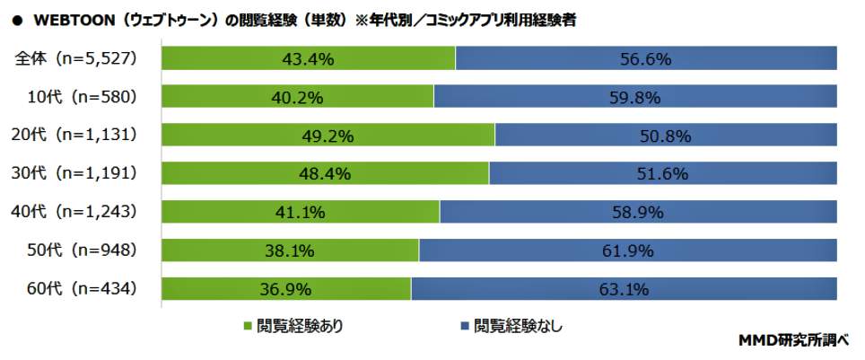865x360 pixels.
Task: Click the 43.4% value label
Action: point(309,59)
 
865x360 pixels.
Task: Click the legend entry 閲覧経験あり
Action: point(300,326)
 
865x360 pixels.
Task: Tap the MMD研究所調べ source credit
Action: point(793,341)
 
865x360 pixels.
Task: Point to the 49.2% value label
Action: point(328,136)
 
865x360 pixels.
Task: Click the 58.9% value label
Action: point(637,212)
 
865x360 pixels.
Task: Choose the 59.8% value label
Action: point(635,97)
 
